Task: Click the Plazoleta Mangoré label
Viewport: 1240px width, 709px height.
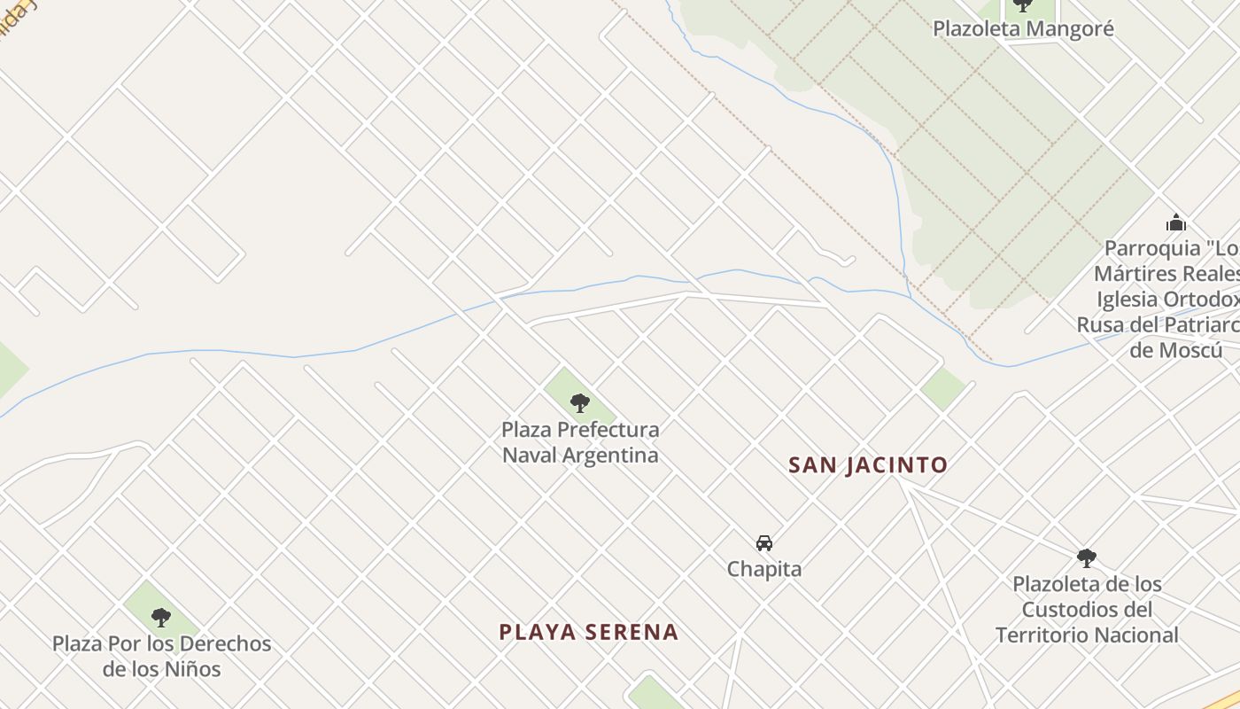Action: tap(1022, 28)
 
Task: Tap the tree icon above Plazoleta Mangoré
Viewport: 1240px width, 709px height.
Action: tap(1022, 4)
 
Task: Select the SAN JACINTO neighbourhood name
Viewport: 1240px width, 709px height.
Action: tap(868, 464)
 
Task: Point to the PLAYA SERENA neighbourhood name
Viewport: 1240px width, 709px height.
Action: tap(589, 632)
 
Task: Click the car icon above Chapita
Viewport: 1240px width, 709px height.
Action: tap(764, 543)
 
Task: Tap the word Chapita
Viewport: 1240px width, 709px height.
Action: tap(764, 569)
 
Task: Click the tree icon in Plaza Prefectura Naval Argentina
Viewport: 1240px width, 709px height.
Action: tap(580, 403)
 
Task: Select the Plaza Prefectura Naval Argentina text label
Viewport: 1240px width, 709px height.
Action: tap(580, 442)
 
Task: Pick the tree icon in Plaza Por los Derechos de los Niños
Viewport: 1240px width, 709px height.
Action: tap(160, 617)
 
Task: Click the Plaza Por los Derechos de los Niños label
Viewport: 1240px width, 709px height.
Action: tap(161, 656)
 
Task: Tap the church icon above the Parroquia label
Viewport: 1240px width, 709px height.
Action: tap(1175, 222)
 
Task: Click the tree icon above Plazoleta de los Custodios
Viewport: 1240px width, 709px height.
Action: tap(1087, 558)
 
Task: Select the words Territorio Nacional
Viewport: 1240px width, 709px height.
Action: tap(1087, 635)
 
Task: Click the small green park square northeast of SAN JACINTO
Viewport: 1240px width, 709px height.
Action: tap(942, 388)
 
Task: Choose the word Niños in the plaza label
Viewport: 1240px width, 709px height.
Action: tap(192, 668)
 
